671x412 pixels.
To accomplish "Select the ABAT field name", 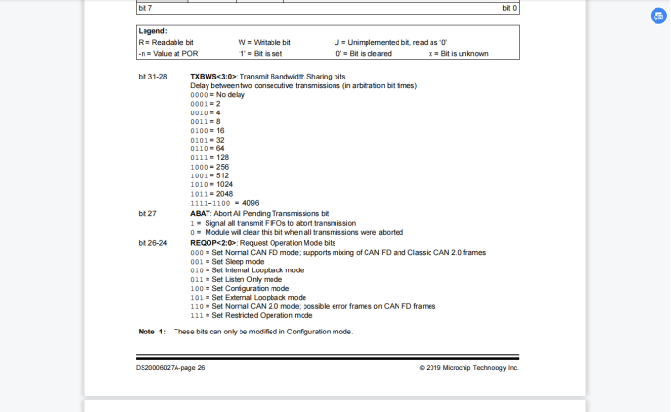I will [200, 212].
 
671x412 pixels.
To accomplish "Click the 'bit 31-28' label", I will [153, 76].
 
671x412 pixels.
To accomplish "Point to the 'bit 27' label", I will [147, 212].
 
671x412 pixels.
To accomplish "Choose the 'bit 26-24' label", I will [153, 242].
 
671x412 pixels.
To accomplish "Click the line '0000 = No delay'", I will [217, 95].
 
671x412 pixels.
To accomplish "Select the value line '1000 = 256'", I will [209, 166].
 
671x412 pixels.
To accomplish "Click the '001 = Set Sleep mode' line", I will [227, 261].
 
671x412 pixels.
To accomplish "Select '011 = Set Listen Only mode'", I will [237, 279].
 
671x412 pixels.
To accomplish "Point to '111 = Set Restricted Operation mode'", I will [251, 315].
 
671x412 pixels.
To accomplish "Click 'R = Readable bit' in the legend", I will [167, 43].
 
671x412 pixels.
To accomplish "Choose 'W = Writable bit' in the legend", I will [264, 43].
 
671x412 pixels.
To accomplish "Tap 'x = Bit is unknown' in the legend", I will [458, 53].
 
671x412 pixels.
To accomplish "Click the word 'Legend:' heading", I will [152, 32].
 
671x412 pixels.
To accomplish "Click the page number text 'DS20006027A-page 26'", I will [171, 368].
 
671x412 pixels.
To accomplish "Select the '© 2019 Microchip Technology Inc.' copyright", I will [468, 368].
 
